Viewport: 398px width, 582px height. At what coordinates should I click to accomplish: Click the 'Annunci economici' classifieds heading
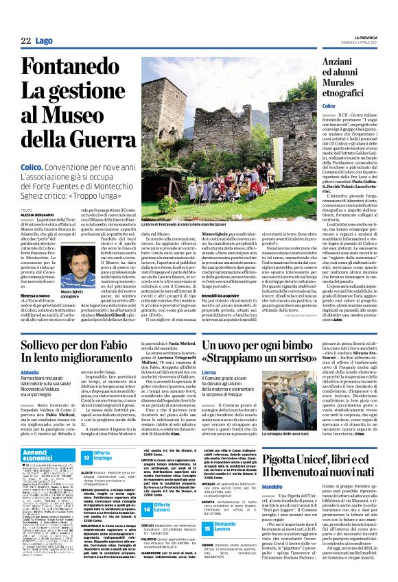42,454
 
